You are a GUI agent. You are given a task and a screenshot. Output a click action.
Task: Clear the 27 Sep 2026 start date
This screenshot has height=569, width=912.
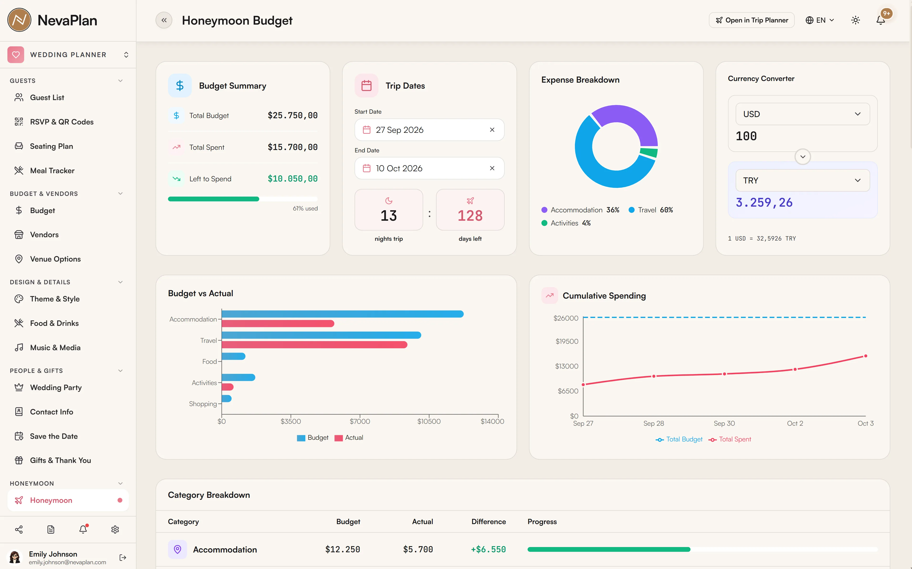pyautogui.click(x=492, y=130)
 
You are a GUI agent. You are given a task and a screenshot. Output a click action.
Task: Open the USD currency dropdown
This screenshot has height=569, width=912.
pyautogui.click(x=803, y=114)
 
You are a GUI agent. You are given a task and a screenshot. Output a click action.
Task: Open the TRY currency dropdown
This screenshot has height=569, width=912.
pyautogui.click(x=803, y=181)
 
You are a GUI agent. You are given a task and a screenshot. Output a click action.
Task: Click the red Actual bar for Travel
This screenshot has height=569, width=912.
pyautogui.click(x=315, y=345)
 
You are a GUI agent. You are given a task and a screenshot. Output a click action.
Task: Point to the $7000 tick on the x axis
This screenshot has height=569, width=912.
pyautogui.click(x=360, y=421)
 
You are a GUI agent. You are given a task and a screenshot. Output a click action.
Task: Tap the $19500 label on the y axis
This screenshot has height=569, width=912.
pyautogui.click(x=567, y=341)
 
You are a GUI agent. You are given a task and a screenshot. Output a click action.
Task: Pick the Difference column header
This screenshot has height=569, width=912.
pyautogui.click(x=489, y=522)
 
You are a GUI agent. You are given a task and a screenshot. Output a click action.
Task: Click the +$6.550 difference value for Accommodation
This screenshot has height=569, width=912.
pyautogui.click(x=488, y=549)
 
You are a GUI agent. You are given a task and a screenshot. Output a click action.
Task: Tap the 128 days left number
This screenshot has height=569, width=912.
pyautogui.click(x=470, y=216)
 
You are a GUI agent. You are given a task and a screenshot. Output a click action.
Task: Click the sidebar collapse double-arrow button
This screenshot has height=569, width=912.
pyautogui.click(x=164, y=20)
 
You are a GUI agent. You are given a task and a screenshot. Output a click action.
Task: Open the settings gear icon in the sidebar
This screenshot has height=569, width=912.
pyautogui.click(x=115, y=530)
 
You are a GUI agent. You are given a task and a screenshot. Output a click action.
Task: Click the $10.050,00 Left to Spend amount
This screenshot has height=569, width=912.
pyautogui.click(x=292, y=179)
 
